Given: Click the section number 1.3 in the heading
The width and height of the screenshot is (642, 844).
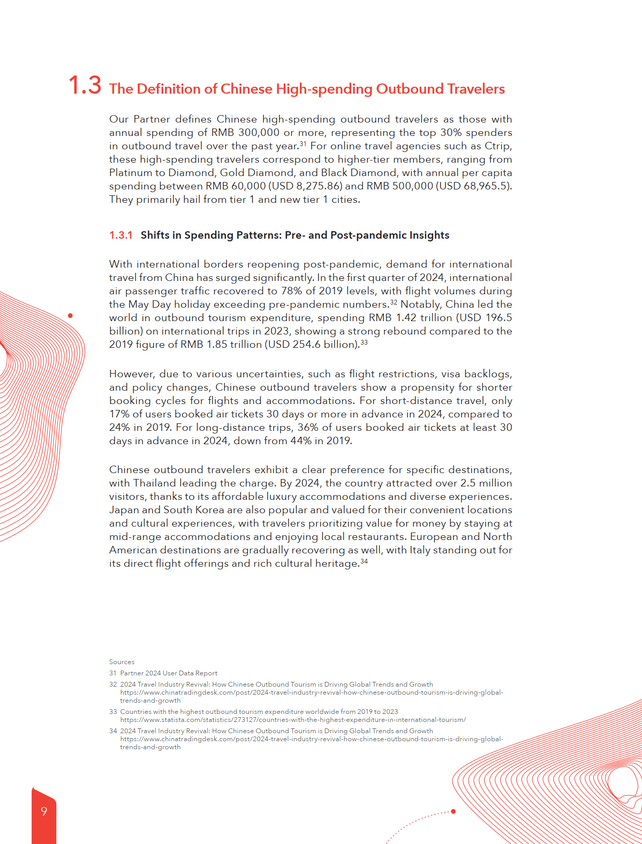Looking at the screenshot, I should click(x=85, y=86).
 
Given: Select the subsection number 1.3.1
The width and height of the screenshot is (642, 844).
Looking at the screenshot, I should click(x=120, y=235).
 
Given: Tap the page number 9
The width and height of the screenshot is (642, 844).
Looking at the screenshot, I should click(x=44, y=811).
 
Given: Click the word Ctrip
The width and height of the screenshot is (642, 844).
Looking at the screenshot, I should click(x=497, y=146).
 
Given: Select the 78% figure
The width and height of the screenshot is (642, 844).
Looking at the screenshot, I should click(x=292, y=291).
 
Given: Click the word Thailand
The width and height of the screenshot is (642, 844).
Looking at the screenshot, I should click(x=155, y=483).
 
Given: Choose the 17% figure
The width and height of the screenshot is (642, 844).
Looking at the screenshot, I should click(x=119, y=414).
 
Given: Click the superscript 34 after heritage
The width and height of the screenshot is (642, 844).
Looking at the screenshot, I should click(x=364, y=561).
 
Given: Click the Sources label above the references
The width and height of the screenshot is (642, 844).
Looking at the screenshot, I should click(x=122, y=662).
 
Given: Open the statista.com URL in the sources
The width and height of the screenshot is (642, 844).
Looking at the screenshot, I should click(x=293, y=720).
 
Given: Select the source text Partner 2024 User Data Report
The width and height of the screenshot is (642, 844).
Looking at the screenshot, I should click(x=169, y=673).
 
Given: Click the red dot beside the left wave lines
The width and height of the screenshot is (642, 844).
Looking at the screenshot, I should click(x=70, y=316).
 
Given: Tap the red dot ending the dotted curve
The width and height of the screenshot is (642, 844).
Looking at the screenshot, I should click(x=454, y=811).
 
